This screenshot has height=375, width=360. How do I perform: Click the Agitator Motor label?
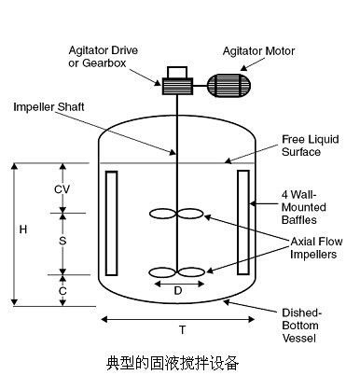click(258, 51)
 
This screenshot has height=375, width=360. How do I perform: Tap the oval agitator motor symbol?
click(228, 86)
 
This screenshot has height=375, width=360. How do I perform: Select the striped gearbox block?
click(177, 86)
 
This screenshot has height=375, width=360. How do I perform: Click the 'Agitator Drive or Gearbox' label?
click(104, 57)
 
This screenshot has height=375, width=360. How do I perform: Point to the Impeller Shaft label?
click(48, 107)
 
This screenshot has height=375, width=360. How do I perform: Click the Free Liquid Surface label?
click(311, 146)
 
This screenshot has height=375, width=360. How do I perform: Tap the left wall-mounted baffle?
click(111, 223)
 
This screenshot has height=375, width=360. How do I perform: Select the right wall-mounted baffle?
click(243, 222)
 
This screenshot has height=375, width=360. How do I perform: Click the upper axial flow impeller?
click(176, 214)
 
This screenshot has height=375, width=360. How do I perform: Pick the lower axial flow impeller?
click(177, 272)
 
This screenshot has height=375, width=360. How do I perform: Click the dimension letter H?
click(23, 229)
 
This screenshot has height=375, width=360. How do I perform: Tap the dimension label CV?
click(62, 189)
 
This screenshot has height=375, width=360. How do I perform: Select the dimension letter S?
click(62, 241)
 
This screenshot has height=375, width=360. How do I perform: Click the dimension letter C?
click(62, 291)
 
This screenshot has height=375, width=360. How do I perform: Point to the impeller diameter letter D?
click(178, 291)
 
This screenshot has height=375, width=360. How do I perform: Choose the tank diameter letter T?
click(183, 329)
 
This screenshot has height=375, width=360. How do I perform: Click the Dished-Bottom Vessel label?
click(301, 326)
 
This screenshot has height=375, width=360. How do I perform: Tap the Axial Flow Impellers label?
click(316, 248)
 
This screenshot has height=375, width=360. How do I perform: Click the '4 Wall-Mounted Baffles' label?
click(304, 207)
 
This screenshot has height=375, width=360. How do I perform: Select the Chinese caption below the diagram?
click(173, 363)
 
